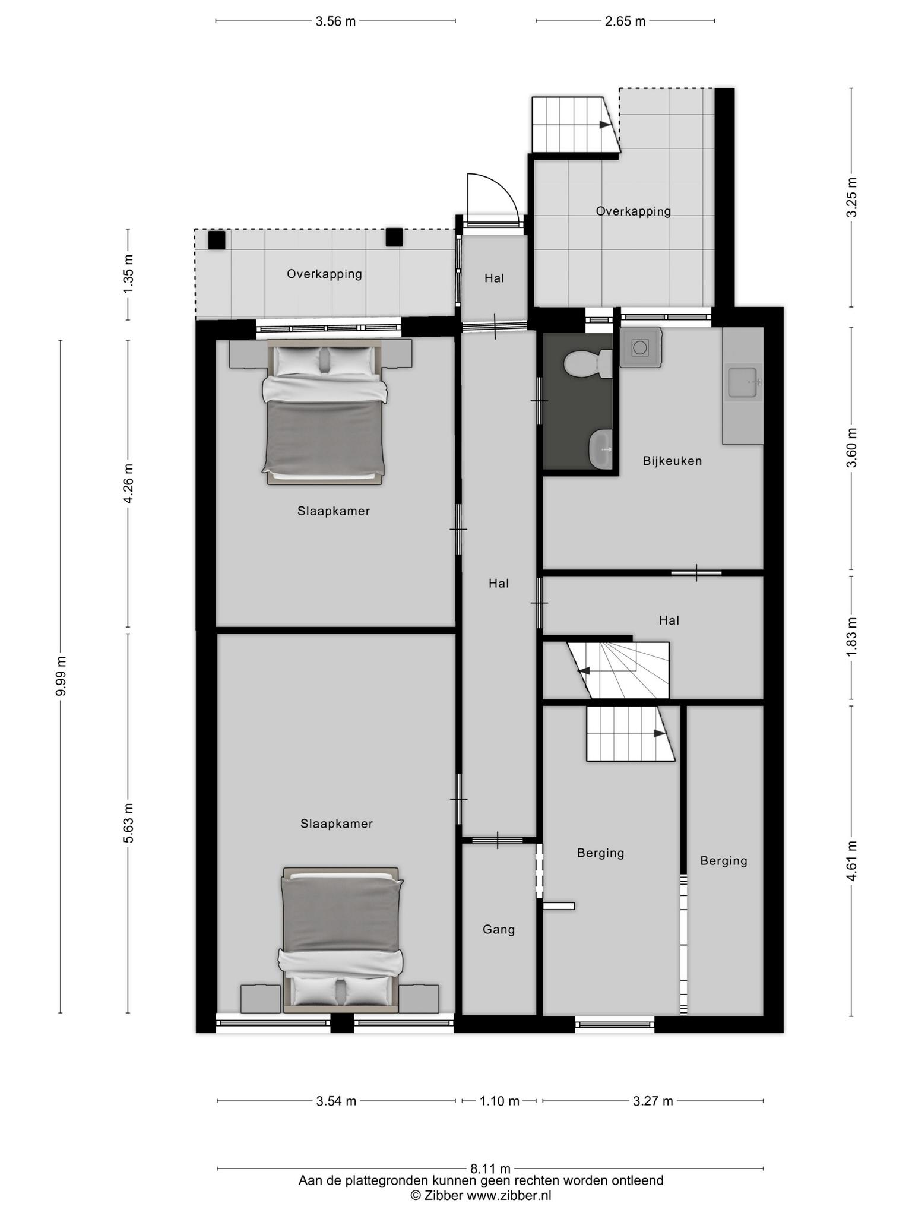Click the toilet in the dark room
588,365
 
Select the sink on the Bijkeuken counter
743,384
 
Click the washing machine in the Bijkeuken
641,347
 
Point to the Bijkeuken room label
672,461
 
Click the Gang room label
499,930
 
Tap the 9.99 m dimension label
61,676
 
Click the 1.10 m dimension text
499,1101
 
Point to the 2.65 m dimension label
625,22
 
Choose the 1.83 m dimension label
852,637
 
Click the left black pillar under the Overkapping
217,240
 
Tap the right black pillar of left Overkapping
394,237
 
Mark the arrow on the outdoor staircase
605,125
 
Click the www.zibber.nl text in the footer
509,1196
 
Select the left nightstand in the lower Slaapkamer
260,999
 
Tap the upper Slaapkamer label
334,511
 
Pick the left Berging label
601,853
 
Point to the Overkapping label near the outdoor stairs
634,211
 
